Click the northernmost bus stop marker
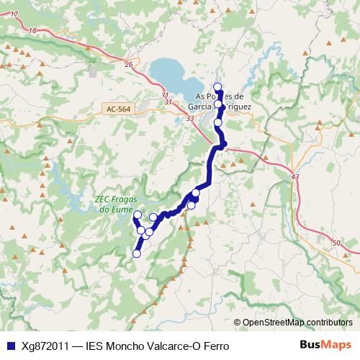click(x=217, y=86)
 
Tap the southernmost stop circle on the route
click(x=137, y=253)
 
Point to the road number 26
click(x=129, y=65)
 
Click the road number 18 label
click(x=33, y=30)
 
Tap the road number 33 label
click(x=189, y=118)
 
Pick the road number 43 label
click(x=294, y=176)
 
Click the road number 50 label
click(x=336, y=244)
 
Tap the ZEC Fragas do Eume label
click(x=116, y=204)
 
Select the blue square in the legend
click(x=9, y=346)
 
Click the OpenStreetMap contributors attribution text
click(x=297, y=322)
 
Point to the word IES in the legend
click(x=95, y=346)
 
